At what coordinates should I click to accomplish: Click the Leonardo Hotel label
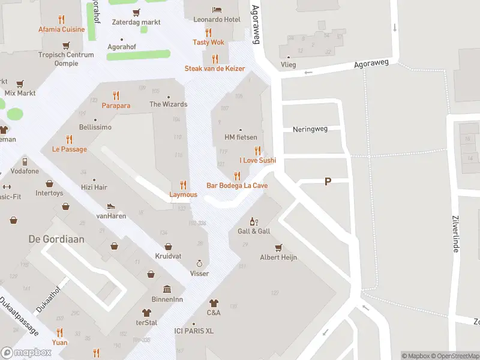click(217, 20)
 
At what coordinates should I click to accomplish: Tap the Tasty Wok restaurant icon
click(209, 32)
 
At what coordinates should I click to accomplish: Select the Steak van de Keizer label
click(215, 68)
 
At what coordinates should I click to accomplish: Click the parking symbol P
click(328, 181)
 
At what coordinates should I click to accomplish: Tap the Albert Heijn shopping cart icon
click(278, 247)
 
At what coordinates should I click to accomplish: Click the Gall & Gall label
click(254, 231)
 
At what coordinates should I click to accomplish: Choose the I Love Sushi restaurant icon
click(258, 151)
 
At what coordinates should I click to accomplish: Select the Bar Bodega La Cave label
click(237, 185)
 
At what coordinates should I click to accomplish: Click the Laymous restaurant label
click(183, 194)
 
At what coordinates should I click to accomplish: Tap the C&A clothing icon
click(214, 304)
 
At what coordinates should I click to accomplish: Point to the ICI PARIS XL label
click(194, 331)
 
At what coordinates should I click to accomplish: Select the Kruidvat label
click(169, 256)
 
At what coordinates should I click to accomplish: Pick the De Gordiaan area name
click(56, 239)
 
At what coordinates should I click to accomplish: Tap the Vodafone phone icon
click(25, 161)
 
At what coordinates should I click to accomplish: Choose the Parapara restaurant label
click(116, 105)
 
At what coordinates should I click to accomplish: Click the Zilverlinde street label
click(455, 235)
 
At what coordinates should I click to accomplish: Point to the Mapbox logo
click(26, 352)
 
